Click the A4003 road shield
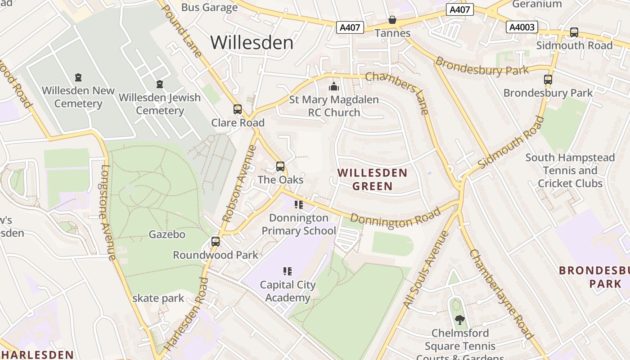click(x=522, y=27)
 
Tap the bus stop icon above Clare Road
click(x=238, y=109)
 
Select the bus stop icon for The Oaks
click(x=280, y=166)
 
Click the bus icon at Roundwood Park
click(x=216, y=242)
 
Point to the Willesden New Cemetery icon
click(x=79, y=77)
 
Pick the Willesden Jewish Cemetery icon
click(x=160, y=84)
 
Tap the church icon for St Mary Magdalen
click(x=334, y=86)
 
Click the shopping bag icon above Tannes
click(x=392, y=20)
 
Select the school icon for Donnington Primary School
click(x=299, y=205)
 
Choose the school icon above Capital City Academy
click(x=288, y=271)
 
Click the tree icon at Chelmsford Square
click(x=459, y=320)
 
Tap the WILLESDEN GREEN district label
click(x=373, y=179)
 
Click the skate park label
click(x=158, y=298)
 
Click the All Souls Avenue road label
click(x=426, y=270)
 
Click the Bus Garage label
click(x=209, y=7)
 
